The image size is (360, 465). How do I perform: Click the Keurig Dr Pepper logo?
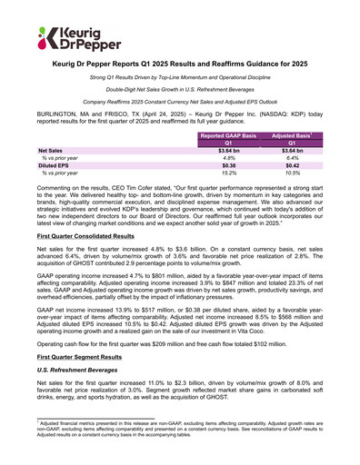point(64,37)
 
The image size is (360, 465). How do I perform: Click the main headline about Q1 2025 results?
point(180,67)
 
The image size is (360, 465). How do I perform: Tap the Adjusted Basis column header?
point(291,134)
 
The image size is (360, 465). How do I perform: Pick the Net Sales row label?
point(50,151)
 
